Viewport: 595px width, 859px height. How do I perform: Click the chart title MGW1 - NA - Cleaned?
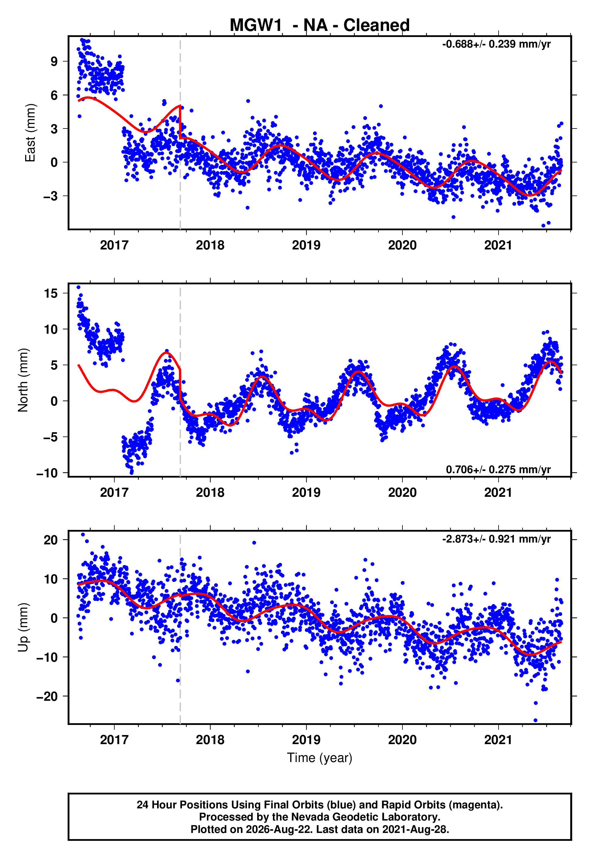click(x=320, y=25)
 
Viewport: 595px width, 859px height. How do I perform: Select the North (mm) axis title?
click(x=23, y=380)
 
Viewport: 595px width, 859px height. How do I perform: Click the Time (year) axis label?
click(x=320, y=758)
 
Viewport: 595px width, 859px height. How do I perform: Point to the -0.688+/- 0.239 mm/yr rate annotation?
click(x=496, y=44)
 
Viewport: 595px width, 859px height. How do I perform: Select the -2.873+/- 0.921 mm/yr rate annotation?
click(x=496, y=539)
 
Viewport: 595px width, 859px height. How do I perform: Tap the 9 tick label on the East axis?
click(x=54, y=62)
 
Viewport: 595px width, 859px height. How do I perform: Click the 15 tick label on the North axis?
click(x=51, y=293)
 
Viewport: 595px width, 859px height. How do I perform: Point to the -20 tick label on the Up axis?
click(x=47, y=696)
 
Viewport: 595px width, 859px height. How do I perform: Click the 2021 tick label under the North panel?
click(x=499, y=493)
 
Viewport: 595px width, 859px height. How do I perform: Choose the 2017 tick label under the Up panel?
click(x=114, y=740)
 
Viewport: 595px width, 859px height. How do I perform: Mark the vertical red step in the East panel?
click(x=180, y=122)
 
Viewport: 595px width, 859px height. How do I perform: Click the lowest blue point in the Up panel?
click(x=535, y=720)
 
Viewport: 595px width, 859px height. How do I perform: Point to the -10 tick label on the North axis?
click(x=47, y=473)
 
